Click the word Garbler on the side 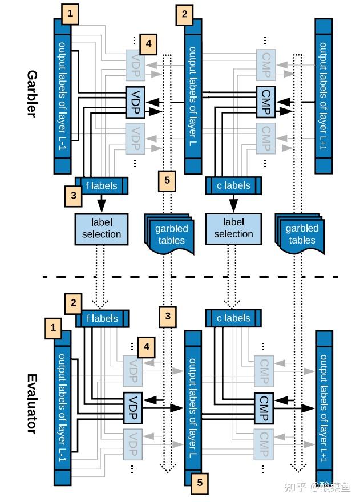point(32,94)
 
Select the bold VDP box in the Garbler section point(135,102)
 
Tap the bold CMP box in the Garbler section point(265,102)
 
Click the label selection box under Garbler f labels point(102,228)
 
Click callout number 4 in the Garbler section point(148,43)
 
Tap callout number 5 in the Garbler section point(167,181)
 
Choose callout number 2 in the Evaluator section point(73,303)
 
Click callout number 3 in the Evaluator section point(167,316)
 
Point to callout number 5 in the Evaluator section point(199,483)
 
